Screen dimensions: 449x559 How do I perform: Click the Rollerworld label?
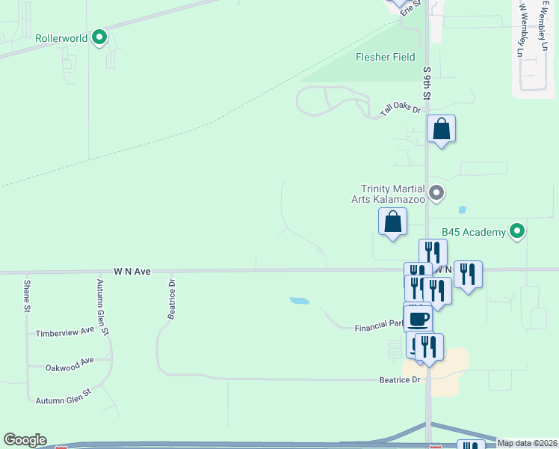(61, 37)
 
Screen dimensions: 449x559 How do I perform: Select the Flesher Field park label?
(385, 57)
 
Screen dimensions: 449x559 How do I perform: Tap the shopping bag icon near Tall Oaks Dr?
(442, 129)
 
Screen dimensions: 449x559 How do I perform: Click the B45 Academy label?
(473, 232)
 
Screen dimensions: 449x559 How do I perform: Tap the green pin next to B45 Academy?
(516, 231)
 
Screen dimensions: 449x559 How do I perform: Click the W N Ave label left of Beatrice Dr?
(132, 272)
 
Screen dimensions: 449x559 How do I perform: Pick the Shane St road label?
(27, 296)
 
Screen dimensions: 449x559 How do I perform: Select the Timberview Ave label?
(66, 331)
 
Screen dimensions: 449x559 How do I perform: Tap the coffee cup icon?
(419, 318)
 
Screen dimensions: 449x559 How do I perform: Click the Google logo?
(25, 440)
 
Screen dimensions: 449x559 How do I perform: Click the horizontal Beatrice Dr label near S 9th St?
(401, 380)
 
